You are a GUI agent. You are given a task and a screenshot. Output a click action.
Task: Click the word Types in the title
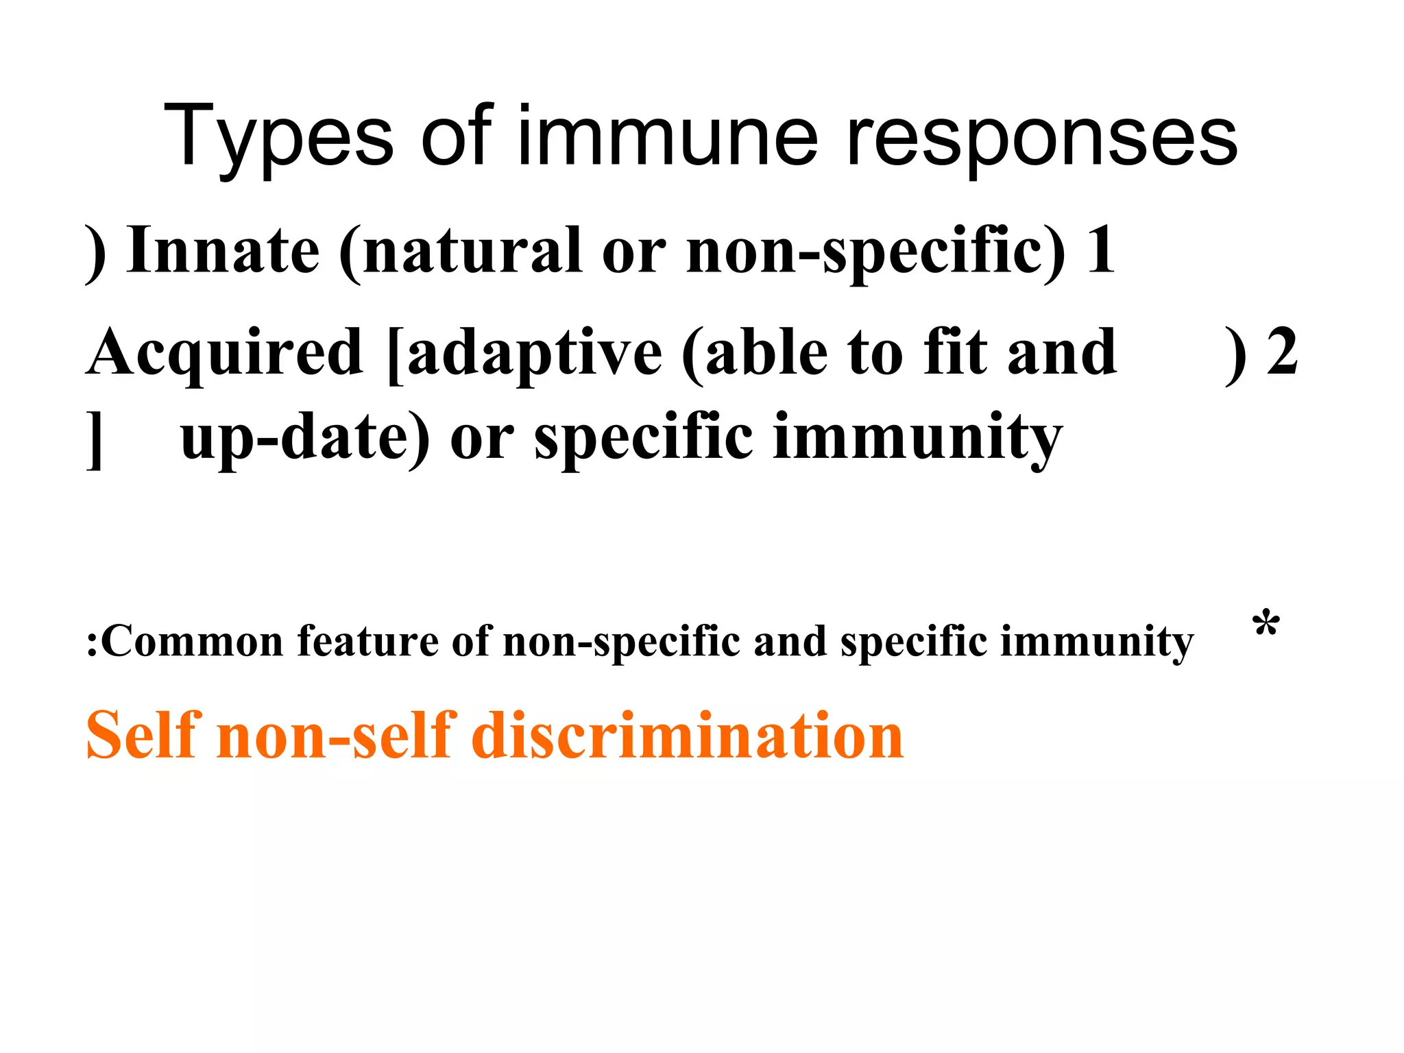click(x=278, y=137)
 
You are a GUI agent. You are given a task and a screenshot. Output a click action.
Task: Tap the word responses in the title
click(x=1042, y=137)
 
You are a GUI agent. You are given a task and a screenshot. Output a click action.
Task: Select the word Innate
click(x=223, y=250)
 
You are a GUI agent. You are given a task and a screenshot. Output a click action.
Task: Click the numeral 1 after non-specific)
click(x=1100, y=250)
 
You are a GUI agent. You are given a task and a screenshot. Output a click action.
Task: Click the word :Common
click(x=184, y=642)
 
